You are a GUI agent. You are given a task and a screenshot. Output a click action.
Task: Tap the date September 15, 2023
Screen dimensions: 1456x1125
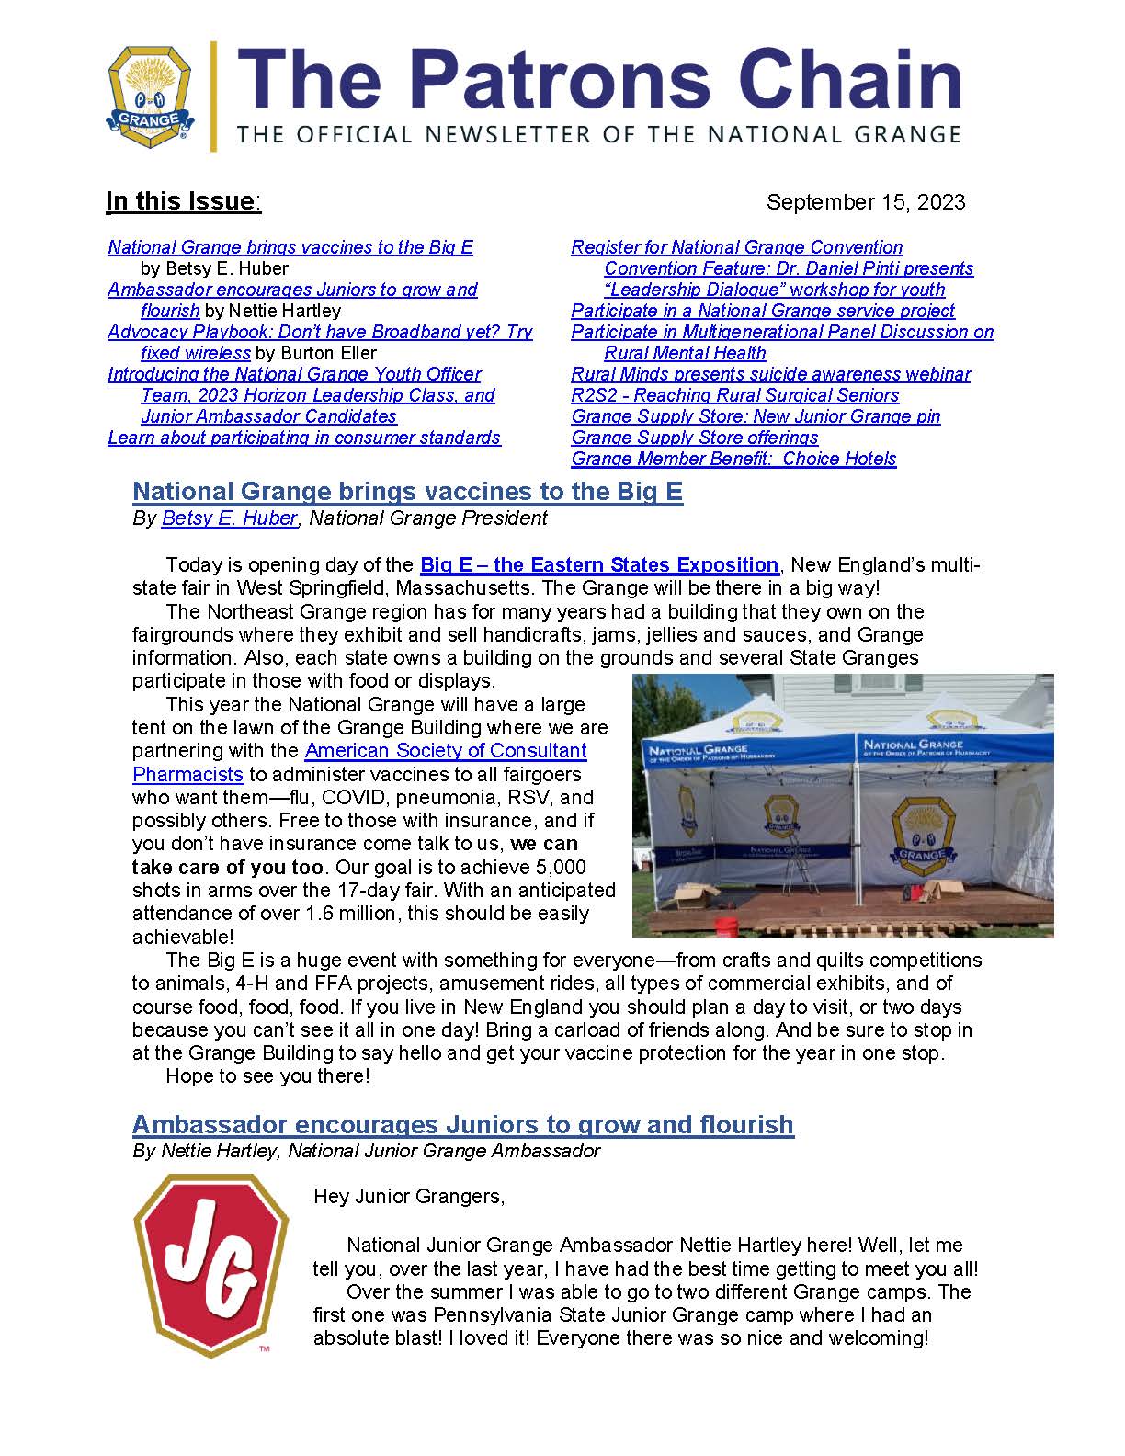pyautogui.click(x=865, y=202)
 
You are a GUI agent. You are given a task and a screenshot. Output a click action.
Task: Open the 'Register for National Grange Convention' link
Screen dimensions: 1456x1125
pyautogui.click(x=736, y=247)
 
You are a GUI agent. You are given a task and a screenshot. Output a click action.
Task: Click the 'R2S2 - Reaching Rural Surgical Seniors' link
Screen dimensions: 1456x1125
pyautogui.click(x=734, y=395)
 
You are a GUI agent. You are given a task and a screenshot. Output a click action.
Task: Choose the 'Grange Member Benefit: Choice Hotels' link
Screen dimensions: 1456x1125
pyautogui.click(x=733, y=459)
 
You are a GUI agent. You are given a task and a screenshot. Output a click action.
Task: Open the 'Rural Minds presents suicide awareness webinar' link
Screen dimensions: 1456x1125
pyautogui.click(x=770, y=374)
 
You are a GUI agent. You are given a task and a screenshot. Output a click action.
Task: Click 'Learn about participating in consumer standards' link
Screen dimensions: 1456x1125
pyautogui.click(x=303, y=438)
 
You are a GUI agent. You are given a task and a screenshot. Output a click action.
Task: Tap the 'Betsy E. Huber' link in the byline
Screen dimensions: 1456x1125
pyautogui.click(x=229, y=518)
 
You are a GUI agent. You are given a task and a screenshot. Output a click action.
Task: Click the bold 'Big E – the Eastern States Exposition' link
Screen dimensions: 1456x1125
pyautogui.click(x=598, y=565)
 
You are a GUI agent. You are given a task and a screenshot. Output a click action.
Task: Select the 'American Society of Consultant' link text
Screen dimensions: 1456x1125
pyautogui.click(x=445, y=751)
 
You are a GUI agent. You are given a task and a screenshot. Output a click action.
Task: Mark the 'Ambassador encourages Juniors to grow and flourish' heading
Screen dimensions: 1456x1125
pyautogui.click(x=462, y=1125)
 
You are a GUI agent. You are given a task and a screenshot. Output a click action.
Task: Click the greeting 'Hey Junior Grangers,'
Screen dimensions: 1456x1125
pyautogui.click(x=409, y=1197)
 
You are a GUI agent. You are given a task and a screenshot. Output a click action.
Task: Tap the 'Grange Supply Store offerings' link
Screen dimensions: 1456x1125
pyautogui.click(x=694, y=438)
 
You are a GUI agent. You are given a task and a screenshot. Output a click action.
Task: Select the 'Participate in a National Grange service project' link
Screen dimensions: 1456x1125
pyautogui.click(x=762, y=311)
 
